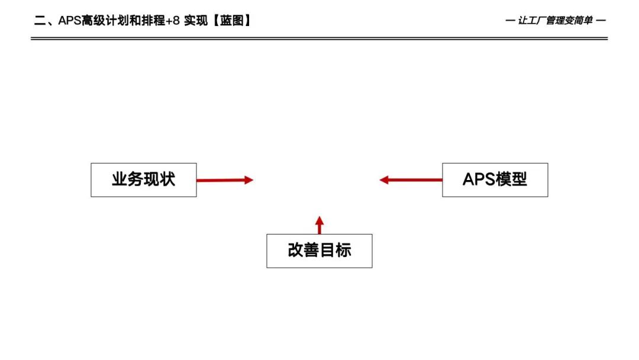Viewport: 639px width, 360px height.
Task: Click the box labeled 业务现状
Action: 143,180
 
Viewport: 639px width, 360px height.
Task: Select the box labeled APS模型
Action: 495,180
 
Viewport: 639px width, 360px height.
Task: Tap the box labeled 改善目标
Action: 319,251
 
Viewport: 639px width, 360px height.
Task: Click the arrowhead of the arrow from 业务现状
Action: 248,180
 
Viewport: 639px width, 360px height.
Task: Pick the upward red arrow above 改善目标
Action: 319,224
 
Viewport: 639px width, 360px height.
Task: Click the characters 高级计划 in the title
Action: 106,21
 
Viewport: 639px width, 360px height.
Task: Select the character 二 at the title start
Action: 40,21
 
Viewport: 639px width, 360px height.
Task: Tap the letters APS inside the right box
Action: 479,180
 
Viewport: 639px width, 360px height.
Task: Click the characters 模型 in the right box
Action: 512,180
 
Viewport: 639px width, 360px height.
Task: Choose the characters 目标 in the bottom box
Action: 335,251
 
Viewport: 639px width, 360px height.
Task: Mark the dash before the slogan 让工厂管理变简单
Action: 510,21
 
